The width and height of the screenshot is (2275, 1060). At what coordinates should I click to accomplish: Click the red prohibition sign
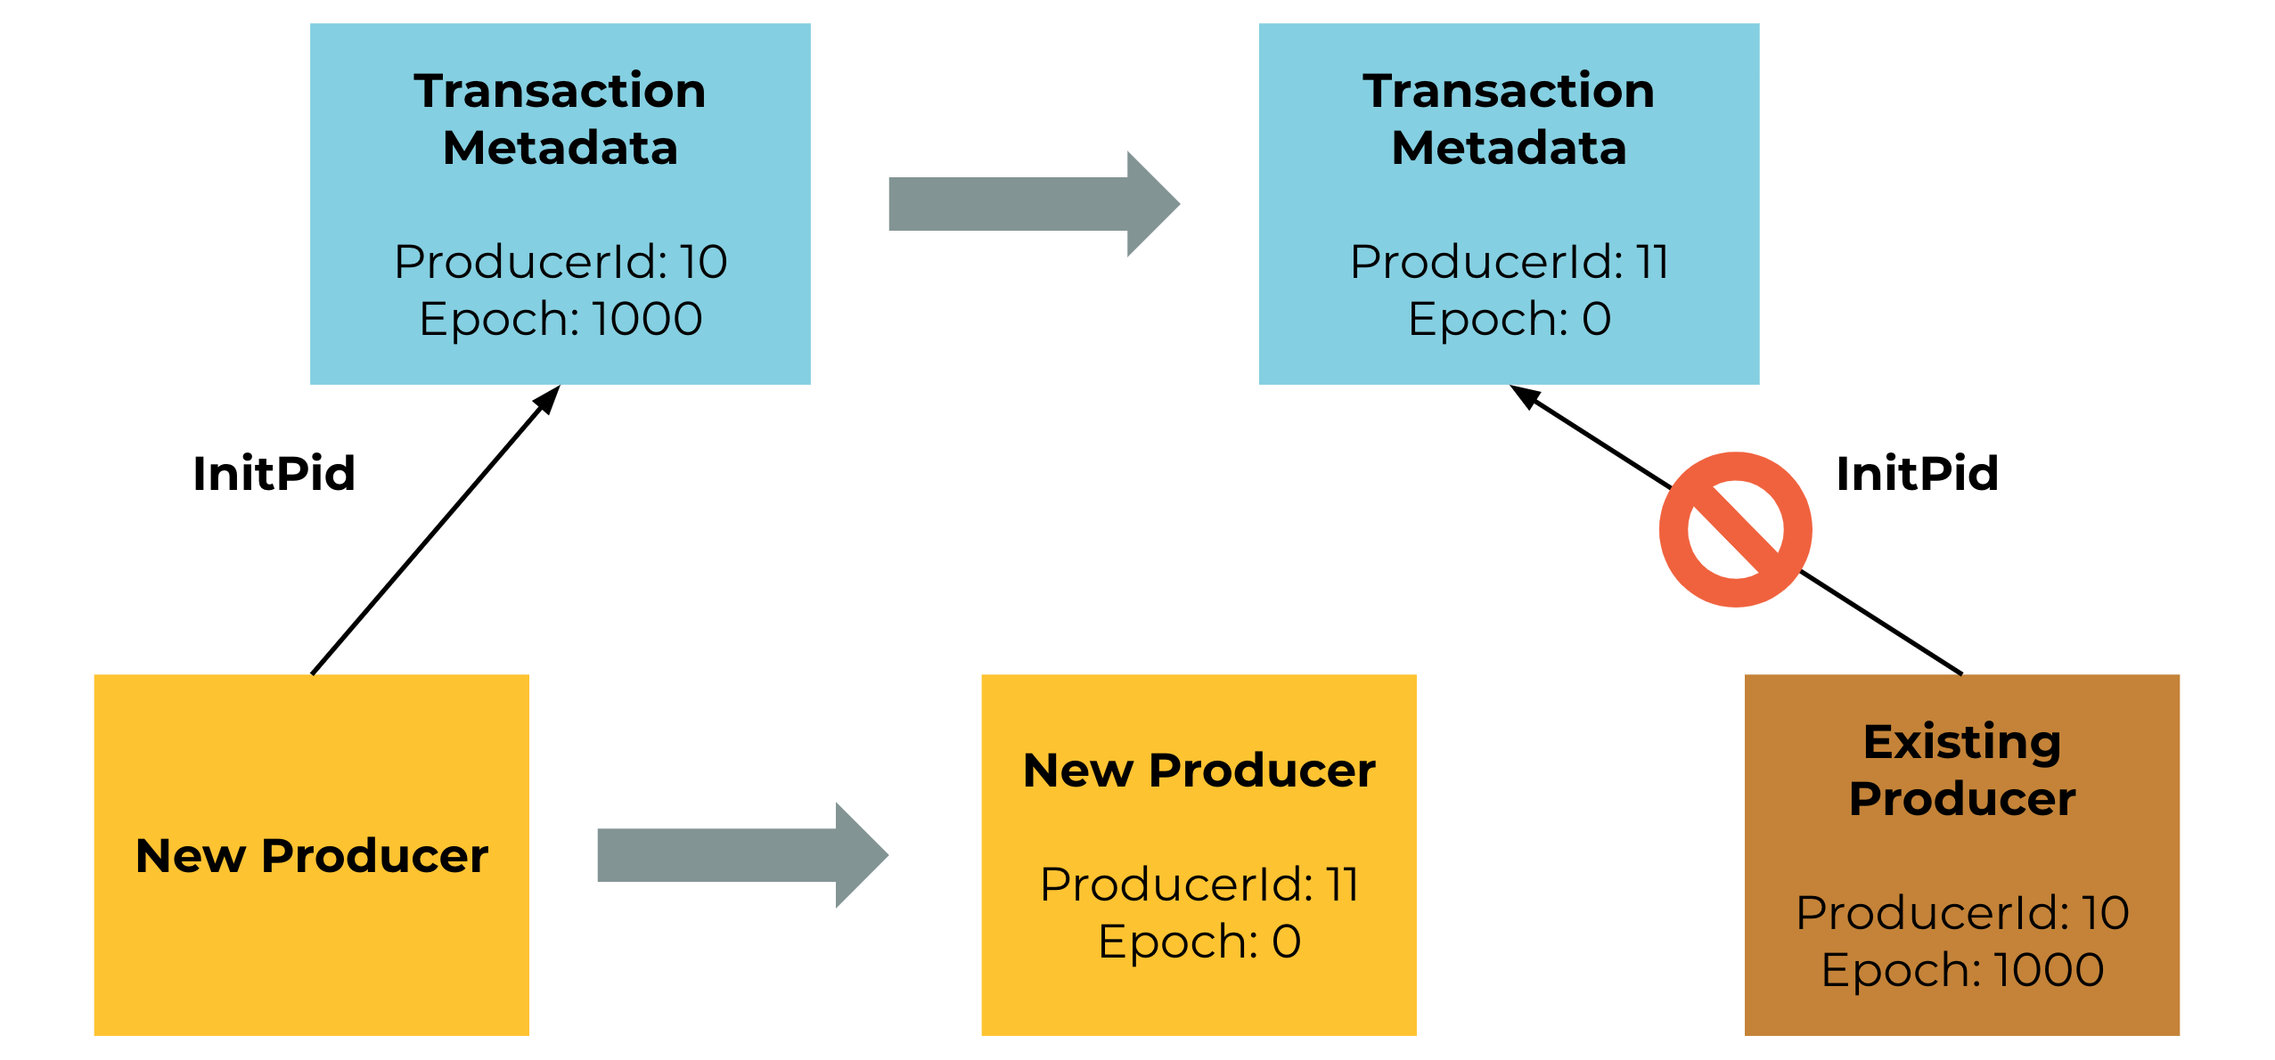pyautogui.click(x=1735, y=529)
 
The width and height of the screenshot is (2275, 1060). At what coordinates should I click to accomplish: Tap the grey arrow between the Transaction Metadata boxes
pyautogui.click(x=1034, y=204)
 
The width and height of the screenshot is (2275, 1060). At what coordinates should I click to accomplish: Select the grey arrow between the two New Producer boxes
pyautogui.click(x=742, y=855)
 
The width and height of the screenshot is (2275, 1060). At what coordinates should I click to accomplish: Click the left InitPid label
pyautogui.click(x=274, y=473)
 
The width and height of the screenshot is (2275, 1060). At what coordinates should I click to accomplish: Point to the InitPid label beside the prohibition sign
pyautogui.click(x=1918, y=473)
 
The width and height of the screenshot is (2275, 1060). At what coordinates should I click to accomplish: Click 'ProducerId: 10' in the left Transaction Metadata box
pyautogui.click(x=561, y=262)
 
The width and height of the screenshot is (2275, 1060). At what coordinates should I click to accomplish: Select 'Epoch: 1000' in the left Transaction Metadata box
pyautogui.click(x=561, y=319)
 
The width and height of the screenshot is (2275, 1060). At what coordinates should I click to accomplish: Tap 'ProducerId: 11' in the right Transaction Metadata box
pyautogui.click(x=1510, y=262)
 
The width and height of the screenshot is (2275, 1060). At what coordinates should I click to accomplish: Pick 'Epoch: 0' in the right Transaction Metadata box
pyautogui.click(x=1510, y=319)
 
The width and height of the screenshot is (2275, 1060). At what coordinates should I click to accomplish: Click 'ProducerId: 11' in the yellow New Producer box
pyautogui.click(x=1199, y=885)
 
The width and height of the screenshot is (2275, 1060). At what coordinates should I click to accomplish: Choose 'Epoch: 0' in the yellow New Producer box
pyautogui.click(x=1199, y=942)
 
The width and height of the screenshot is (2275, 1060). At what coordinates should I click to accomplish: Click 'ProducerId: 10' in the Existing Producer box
pyautogui.click(x=1962, y=913)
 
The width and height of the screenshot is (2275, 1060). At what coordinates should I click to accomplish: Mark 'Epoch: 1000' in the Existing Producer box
pyautogui.click(x=1962, y=970)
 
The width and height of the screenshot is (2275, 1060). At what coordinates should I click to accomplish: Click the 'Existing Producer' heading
pyautogui.click(x=1962, y=771)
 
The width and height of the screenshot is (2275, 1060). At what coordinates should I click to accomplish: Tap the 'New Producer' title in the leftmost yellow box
pyautogui.click(x=312, y=856)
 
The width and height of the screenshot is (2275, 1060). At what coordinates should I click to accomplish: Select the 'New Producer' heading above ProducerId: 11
pyautogui.click(x=1199, y=771)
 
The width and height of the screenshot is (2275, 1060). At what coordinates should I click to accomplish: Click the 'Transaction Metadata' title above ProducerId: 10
pyautogui.click(x=561, y=119)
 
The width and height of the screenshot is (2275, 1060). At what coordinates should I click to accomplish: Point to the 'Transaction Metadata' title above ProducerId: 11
pyautogui.click(x=1510, y=119)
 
